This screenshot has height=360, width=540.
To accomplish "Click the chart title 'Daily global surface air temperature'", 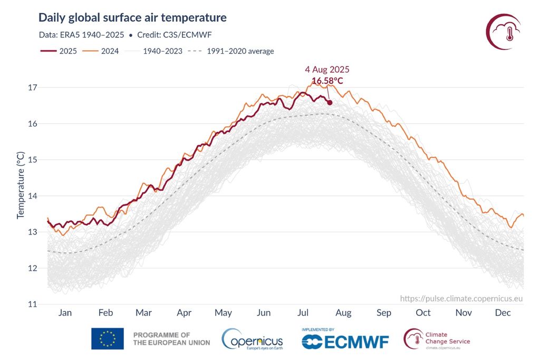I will (x=132, y=17).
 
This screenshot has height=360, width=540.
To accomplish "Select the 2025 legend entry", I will (x=59, y=51).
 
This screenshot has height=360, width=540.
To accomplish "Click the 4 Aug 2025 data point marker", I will (x=330, y=102).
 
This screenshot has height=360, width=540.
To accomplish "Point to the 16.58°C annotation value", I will (x=327, y=81).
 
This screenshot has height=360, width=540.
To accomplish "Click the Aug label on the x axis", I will (x=343, y=313).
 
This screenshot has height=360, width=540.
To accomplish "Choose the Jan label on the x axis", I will (x=65, y=313).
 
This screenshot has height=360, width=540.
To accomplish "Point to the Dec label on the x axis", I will (x=503, y=313).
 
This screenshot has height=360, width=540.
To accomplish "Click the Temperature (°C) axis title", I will (x=21, y=185).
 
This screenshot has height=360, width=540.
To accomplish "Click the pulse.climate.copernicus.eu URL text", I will (x=461, y=298).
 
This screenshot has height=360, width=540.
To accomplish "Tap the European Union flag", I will (x=108, y=339).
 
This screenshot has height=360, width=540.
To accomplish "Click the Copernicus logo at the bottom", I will (x=253, y=339).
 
